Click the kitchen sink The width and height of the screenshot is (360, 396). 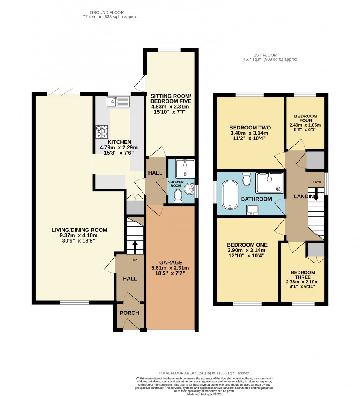point(118,101)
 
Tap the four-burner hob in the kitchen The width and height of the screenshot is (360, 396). point(101,132)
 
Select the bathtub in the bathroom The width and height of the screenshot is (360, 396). point(230,195)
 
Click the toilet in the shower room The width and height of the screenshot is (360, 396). point(178,196)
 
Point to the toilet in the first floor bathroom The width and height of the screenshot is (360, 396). point(246,179)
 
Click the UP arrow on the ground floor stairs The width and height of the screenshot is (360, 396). point(135,247)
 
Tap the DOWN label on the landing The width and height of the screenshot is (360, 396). point(316,182)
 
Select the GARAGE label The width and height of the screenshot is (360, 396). point(171,263)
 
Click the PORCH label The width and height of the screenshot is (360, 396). point(130,313)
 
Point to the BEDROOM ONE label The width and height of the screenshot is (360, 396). point(247,245)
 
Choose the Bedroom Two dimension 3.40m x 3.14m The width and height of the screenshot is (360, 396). point(248,133)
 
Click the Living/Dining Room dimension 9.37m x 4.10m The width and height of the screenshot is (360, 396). point(79,235)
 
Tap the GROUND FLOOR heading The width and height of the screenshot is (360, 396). point(107,12)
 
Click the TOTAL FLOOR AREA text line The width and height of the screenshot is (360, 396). point(204,373)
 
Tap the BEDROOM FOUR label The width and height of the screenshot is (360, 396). point(306,118)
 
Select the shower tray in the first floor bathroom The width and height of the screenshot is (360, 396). point(269,183)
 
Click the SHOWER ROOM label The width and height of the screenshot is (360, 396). point(176,184)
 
